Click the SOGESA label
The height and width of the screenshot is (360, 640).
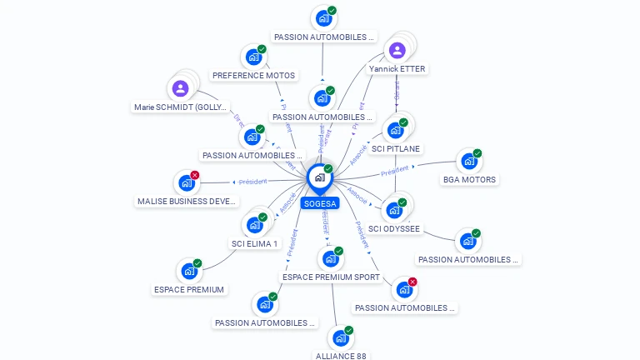point(320,203)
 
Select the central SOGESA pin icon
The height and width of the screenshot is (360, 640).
point(319,177)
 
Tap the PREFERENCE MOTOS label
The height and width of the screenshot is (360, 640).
point(253,75)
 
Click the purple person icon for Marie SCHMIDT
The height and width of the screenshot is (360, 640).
point(181,87)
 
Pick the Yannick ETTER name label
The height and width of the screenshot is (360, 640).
point(397,69)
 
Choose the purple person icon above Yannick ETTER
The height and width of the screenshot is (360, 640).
point(397,50)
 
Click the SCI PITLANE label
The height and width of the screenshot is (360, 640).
point(396,148)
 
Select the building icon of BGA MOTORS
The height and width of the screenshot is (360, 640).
point(468,160)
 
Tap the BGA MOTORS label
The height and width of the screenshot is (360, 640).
point(469,179)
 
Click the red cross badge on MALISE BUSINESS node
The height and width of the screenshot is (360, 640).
point(195,175)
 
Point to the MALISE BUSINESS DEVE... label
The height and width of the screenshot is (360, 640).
point(187,201)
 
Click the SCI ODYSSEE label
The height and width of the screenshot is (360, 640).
point(394,228)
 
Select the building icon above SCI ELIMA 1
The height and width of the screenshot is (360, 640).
point(254,224)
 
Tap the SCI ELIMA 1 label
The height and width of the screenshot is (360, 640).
point(254,243)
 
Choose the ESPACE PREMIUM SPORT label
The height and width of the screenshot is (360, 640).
point(331,277)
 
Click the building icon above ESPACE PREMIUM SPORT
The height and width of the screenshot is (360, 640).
point(330,258)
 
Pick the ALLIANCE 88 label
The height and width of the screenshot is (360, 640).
point(341,356)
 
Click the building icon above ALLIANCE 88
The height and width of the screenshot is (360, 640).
point(340,337)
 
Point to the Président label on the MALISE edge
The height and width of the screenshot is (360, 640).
point(252,182)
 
